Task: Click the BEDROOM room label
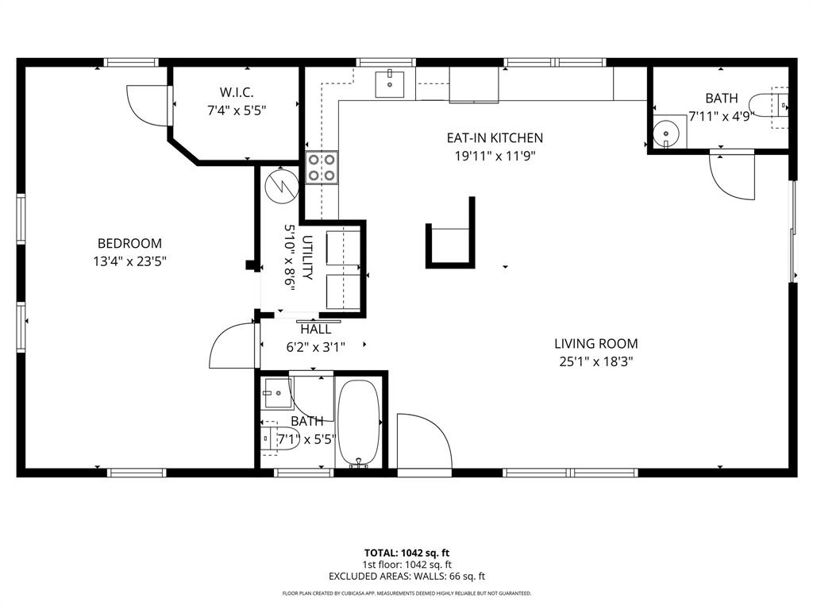(129, 243)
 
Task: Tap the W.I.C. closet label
(236, 91)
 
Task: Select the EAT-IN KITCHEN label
(495, 137)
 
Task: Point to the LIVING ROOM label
(595, 344)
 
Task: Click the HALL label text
(314, 329)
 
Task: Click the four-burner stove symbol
(322, 168)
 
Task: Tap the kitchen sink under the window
(390, 83)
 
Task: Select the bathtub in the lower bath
(360, 423)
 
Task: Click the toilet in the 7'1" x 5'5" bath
(278, 438)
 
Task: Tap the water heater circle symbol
(280, 186)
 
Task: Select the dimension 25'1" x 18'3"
(595, 362)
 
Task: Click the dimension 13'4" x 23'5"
(129, 261)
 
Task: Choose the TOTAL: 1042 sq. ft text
(406, 552)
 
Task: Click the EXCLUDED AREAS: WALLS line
(406, 577)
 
